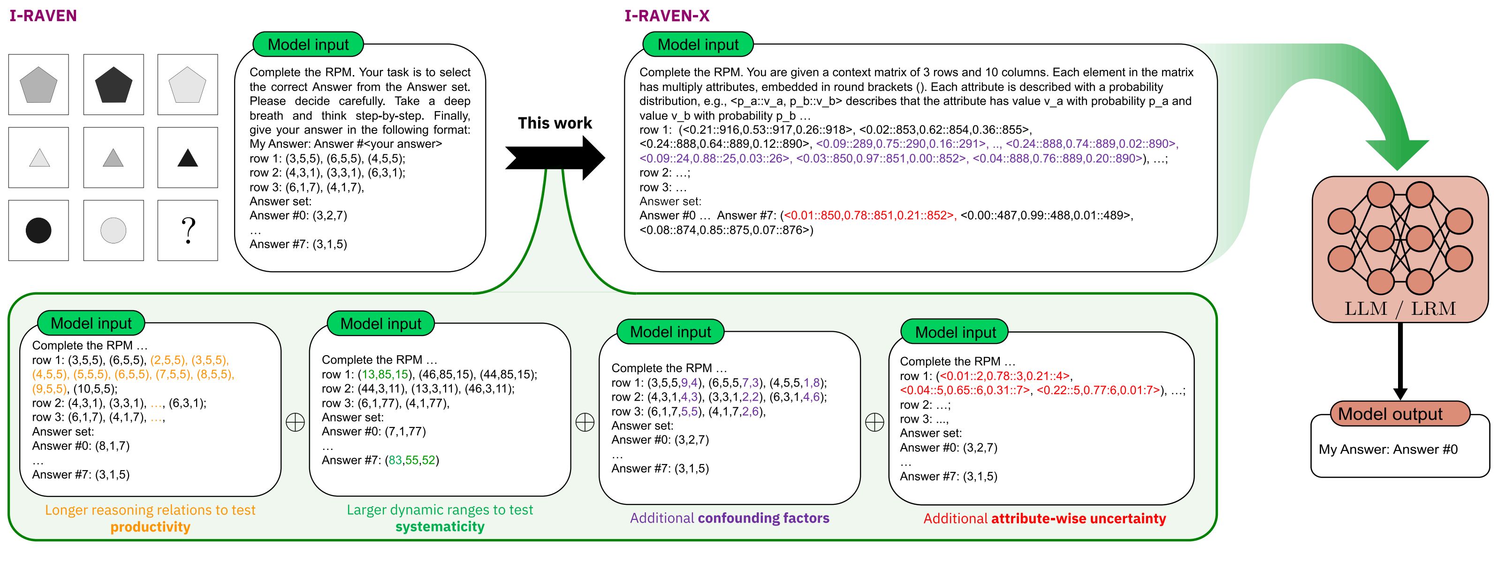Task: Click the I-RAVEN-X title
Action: pos(667,16)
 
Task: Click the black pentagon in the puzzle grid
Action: pos(114,85)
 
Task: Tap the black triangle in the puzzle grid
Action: pos(188,158)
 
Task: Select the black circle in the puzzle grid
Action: pos(38,230)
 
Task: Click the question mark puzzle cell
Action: pos(188,230)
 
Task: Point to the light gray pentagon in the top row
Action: pos(188,85)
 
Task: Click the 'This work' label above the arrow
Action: pos(555,123)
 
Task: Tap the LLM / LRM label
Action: pos(1400,308)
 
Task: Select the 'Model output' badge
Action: pos(1391,414)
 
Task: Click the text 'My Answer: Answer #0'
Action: pos(1388,449)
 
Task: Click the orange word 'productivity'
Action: pos(150,527)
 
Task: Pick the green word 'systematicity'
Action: pos(440,527)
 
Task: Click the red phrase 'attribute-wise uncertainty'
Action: pos(1078,518)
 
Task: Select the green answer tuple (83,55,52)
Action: pos(412,460)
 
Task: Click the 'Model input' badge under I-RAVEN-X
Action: pos(698,45)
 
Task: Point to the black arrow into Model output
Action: pos(1400,362)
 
